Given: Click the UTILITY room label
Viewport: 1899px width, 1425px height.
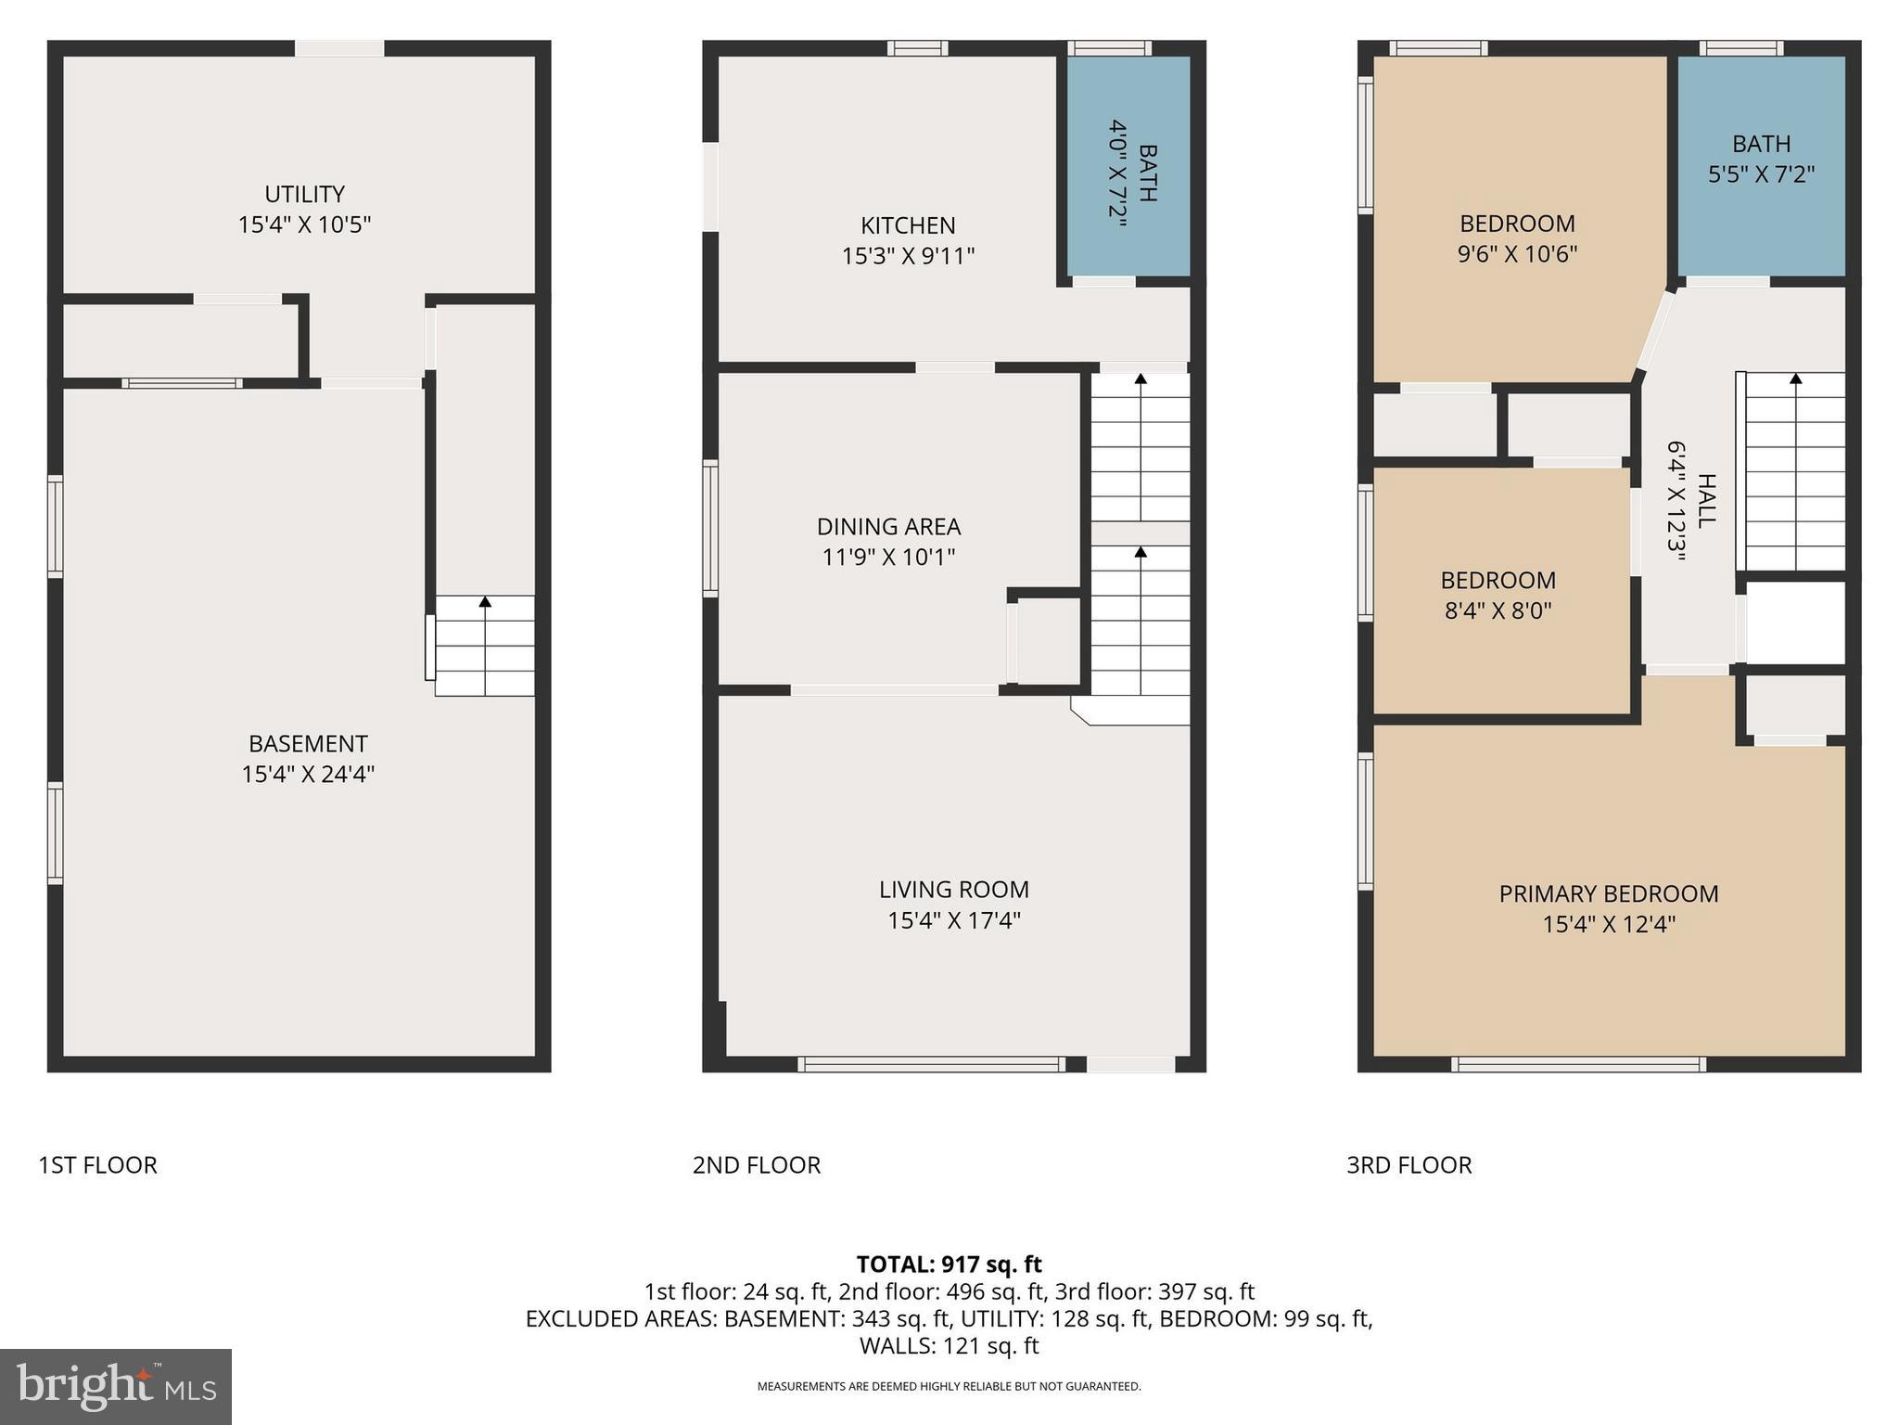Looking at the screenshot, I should click(304, 194).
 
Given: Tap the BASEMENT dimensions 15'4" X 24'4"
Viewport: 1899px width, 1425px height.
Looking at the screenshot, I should click(308, 774).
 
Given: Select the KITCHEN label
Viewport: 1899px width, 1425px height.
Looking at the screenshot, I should click(908, 225).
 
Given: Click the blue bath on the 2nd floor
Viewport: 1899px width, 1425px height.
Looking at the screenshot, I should click(1128, 167).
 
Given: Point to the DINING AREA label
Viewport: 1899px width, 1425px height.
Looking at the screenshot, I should click(888, 527).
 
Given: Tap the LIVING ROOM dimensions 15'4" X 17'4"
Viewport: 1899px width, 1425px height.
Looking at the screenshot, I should click(953, 920).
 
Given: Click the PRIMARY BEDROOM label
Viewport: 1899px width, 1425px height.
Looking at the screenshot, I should click(1608, 893).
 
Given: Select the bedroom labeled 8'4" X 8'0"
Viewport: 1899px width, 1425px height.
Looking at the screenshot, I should click(1498, 595).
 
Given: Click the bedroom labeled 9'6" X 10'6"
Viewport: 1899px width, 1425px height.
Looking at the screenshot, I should click(1517, 238).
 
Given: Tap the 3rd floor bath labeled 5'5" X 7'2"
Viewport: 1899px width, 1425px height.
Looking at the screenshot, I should click(1761, 159).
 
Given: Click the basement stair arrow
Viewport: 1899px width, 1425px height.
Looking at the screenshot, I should click(485, 602).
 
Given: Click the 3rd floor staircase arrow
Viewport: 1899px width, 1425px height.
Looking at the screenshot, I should click(1795, 379).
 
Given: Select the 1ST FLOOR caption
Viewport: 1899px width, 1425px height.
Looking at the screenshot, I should click(97, 1165).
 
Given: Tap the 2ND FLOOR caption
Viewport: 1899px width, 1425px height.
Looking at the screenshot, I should click(756, 1165).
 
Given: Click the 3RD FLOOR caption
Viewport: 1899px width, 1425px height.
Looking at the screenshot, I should click(1408, 1165).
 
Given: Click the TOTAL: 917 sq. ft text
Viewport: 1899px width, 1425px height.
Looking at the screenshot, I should click(949, 1265).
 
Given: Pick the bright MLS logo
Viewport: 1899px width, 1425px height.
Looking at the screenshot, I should click(116, 1386).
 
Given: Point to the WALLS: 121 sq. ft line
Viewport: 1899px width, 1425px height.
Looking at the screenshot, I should click(949, 1345).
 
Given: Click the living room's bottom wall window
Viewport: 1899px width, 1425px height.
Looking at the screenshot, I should click(931, 1065).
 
